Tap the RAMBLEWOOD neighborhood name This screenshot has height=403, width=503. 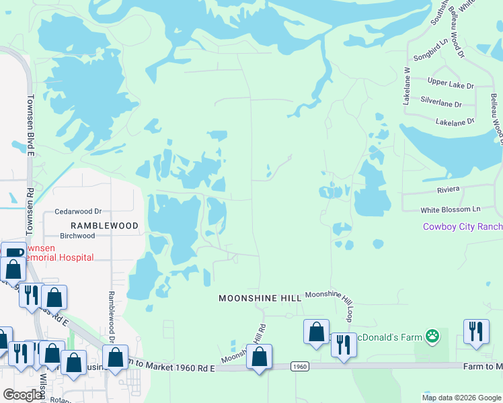pyautogui.click(x=104, y=226)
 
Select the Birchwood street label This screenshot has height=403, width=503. pyautogui.click(x=77, y=236)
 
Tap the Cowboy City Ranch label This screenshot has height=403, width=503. pyautogui.click(x=462, y=226)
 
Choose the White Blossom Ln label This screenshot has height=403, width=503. pyautogui.click(x=451, y=210)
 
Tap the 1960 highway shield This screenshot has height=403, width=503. pyautogui.click(x=300, y=367)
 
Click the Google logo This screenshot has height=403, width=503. pyautogui.click(x=23, y=395)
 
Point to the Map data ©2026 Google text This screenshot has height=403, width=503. pyautogui.click(x=461, y=398)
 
